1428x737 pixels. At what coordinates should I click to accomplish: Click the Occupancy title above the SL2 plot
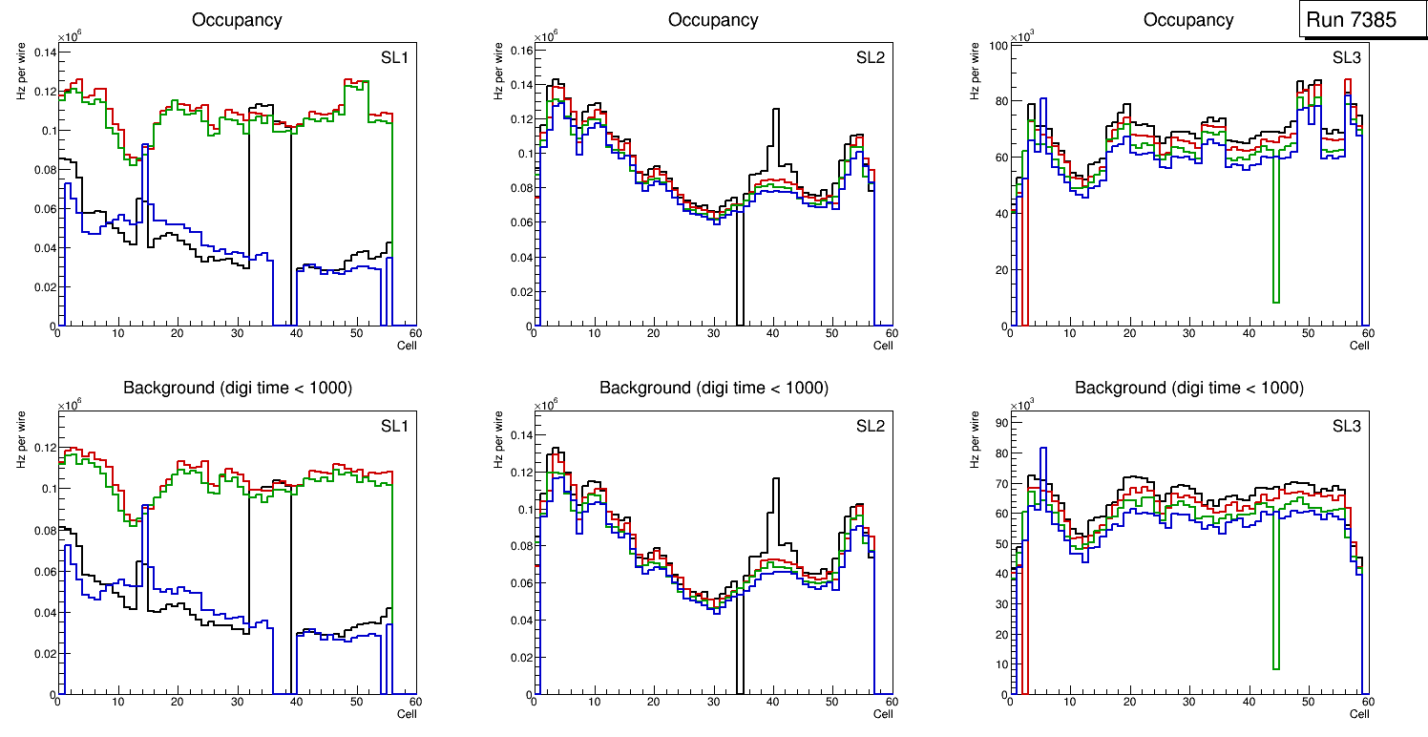point(713,20)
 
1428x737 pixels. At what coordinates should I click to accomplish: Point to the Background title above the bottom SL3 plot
point(1188,388)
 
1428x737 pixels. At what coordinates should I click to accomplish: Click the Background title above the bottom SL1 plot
point(237,388)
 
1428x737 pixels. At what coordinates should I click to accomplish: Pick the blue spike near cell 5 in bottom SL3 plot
point(1043,451)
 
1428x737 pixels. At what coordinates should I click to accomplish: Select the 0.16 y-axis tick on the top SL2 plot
point(520,50)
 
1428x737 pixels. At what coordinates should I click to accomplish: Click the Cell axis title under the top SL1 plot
point(407,346)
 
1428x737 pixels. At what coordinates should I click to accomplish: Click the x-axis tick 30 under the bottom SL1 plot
point(236,703)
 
